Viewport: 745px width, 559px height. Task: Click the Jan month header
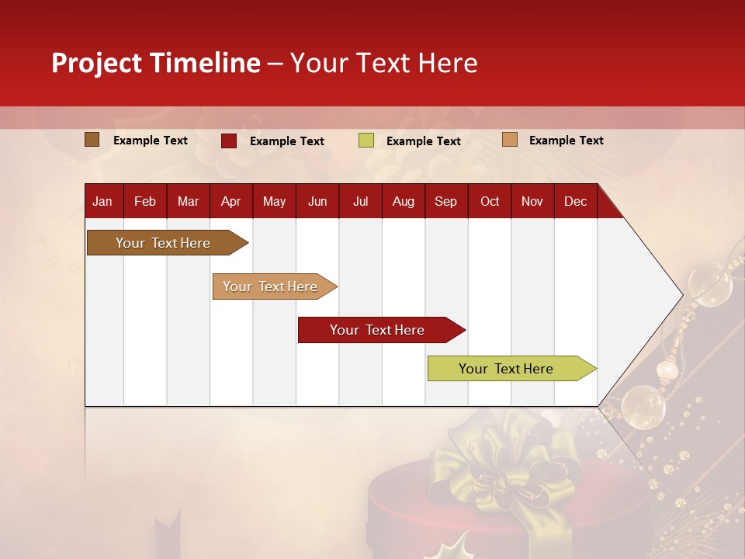pos(102,202)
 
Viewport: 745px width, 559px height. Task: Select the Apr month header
pos(230,202)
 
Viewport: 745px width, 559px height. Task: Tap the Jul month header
pos(360,202)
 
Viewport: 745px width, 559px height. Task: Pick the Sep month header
pos(445,202)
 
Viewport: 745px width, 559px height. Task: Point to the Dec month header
pos(575,202)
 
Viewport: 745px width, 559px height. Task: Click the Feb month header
pos(145,202)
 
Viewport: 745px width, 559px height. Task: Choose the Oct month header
pos(490,202)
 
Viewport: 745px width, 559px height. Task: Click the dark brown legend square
pos(92,140)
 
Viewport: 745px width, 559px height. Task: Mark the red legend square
pos(229,141)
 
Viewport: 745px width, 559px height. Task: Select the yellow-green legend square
pos(366,141)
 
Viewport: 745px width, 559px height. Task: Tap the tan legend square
pos(510,140)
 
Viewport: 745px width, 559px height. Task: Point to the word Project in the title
pos(97,63)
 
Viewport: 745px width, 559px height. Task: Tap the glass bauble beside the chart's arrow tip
pos(710,284)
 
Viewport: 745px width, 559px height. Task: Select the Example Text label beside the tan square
pos(566,141)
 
